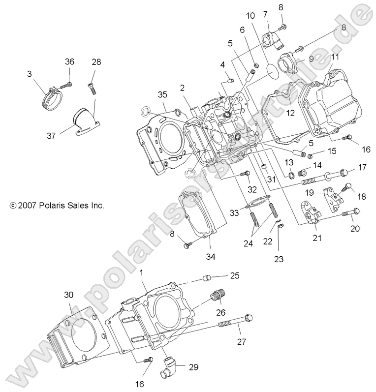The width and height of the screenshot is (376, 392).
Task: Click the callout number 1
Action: [142, 272]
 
